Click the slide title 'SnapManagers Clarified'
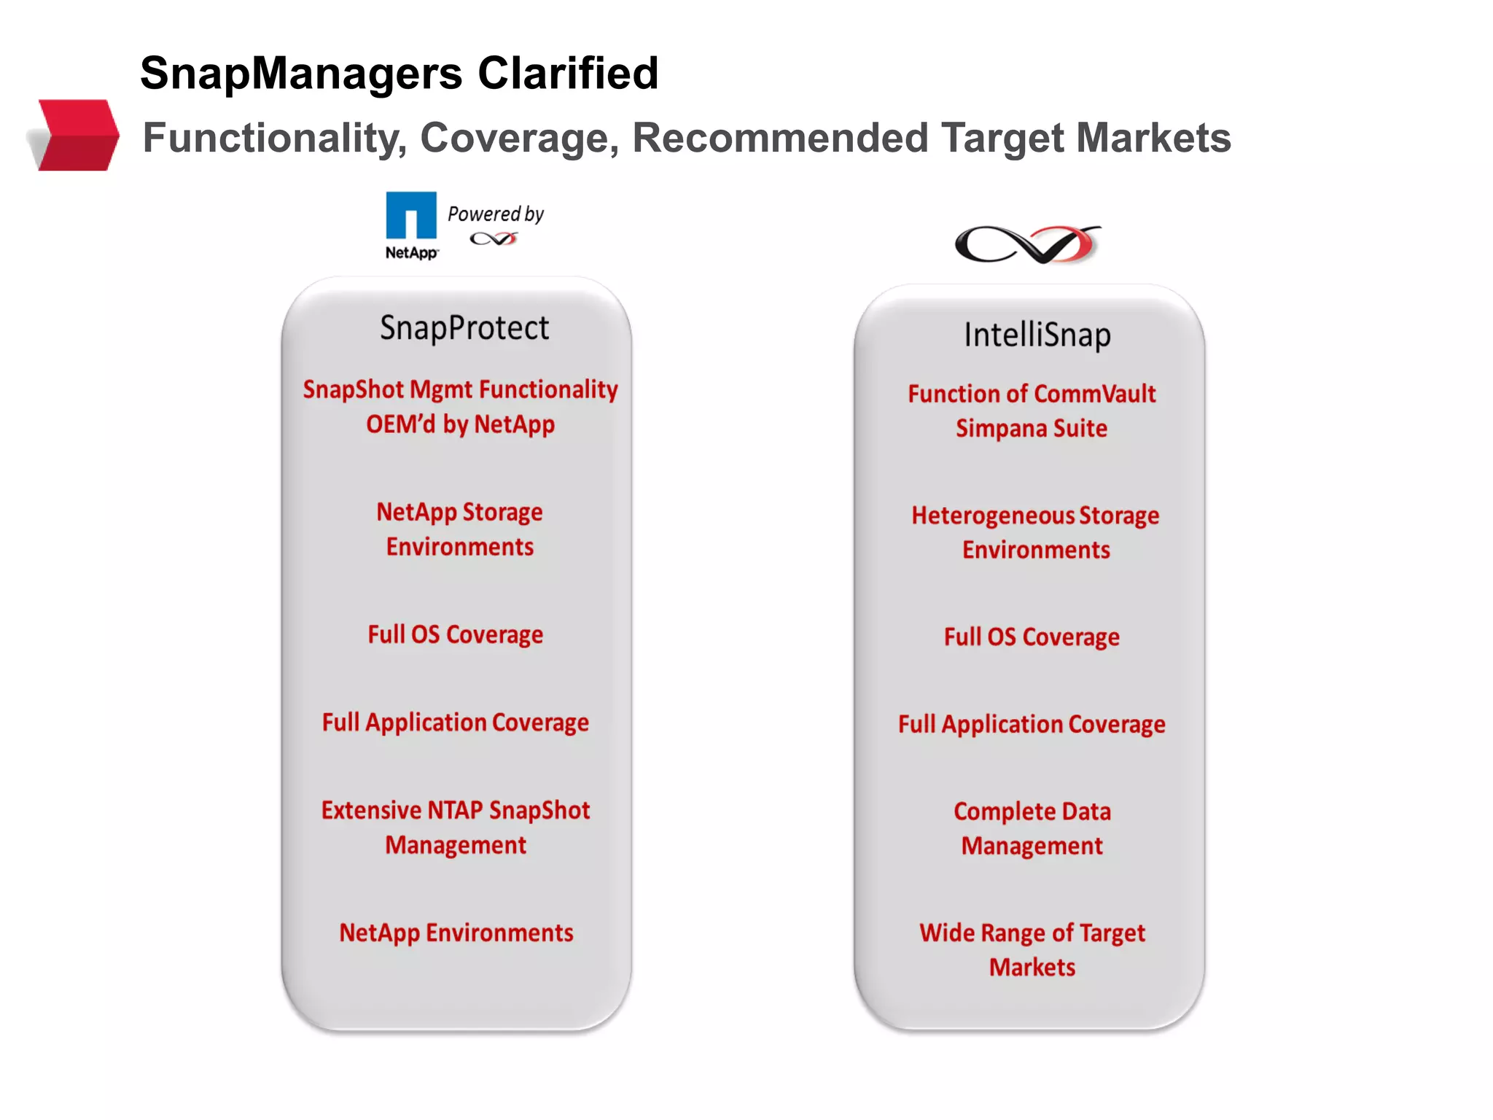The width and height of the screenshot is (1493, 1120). [399, 73]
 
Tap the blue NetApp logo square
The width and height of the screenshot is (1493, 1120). [411, 215]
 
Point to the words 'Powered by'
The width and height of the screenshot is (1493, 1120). [496, 214]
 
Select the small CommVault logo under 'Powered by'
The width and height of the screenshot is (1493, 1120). [494, 238]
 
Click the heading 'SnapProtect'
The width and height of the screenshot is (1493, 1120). [464, 328]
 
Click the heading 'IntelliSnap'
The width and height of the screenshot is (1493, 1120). [1037, 335]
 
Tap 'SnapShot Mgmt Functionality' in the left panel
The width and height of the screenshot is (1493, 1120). [460, 389]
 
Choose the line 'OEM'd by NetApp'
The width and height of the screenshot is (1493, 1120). [460, 424]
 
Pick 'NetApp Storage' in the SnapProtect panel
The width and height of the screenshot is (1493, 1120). [459, 512]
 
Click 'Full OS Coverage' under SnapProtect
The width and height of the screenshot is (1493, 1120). [455, 634]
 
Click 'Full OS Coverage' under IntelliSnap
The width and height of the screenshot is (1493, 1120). [1032, 637]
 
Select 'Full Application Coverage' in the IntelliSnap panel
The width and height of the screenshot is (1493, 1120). [1032, 724]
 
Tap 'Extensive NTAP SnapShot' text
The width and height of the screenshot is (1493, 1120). [456, 810]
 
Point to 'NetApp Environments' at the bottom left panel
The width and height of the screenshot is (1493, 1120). [456, 933]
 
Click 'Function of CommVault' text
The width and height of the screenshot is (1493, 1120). [1032, 394]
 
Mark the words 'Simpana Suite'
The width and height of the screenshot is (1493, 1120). [1032, 428]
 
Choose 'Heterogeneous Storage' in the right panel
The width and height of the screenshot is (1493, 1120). [1035, 516]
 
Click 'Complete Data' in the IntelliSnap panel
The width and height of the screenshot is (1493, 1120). [1032, 812]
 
